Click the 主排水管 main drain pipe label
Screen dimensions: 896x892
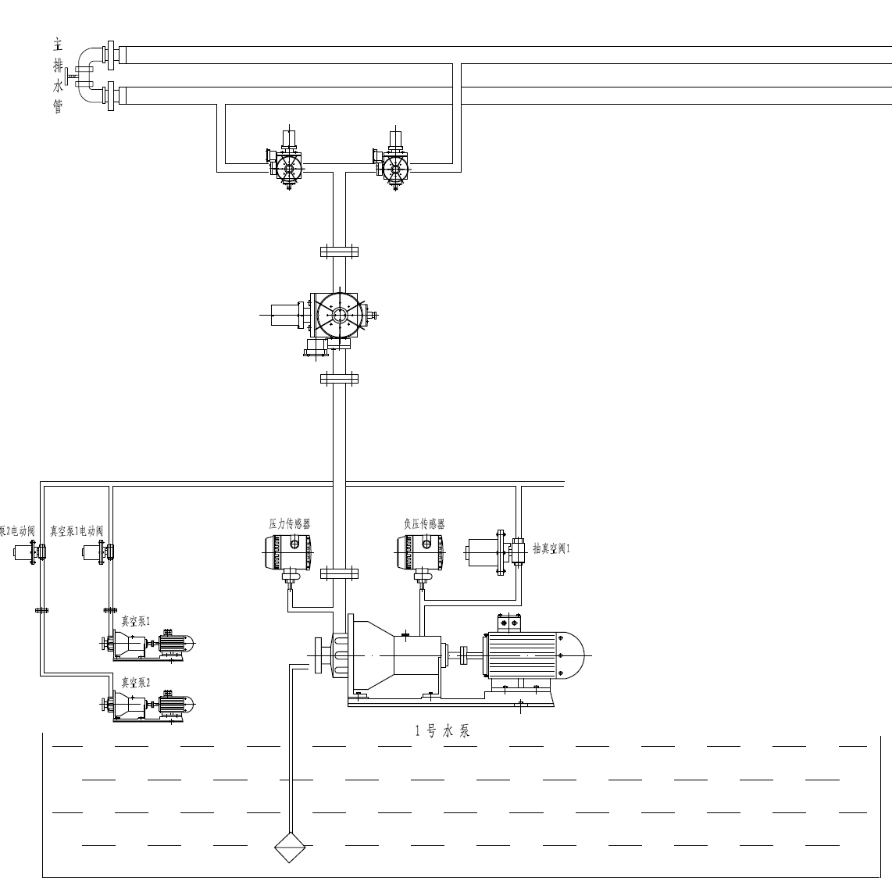pos(58,75)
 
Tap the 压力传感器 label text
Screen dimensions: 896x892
pos(289,524)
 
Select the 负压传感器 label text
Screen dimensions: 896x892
pos(424,524)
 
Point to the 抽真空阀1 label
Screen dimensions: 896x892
pos(551,548)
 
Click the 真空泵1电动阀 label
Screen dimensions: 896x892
pos(77,530)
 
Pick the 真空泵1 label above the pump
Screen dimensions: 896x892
pos(135,622)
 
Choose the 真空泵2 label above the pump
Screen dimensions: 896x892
pos(135,683)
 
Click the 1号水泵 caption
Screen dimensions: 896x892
pos(442,732)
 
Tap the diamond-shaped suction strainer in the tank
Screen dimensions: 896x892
pos(289,847)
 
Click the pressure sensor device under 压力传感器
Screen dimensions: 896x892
pos(287,554)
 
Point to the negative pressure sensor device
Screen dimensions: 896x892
pos(422,554)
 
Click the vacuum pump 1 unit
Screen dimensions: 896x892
pos(148,644)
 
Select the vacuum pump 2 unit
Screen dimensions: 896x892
pos(148,705)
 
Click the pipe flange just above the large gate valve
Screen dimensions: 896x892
pos(339,252)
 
